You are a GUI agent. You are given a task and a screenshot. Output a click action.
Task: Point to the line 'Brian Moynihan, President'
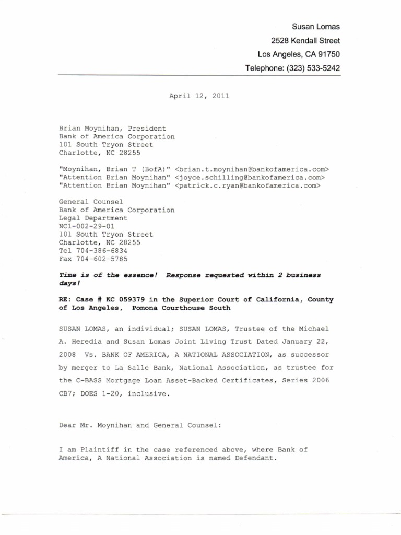point(112,128)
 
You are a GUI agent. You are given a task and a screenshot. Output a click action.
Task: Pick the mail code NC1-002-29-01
point(87,226)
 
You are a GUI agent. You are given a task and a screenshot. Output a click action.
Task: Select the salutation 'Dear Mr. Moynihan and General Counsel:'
point(140,425)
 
